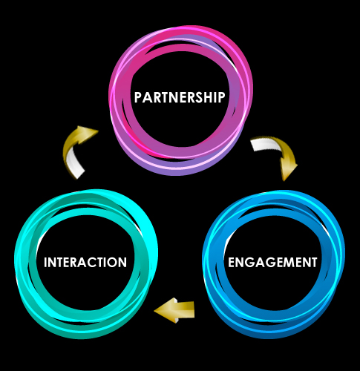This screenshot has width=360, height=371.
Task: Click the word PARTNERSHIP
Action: pos(180,97)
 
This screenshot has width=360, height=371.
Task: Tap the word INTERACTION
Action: pos(85,262)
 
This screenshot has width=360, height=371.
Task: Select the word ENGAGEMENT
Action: pos(272,262)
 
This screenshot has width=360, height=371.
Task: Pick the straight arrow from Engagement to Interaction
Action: pos(174,310)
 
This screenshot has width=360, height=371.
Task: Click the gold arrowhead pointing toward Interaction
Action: pos(165,310)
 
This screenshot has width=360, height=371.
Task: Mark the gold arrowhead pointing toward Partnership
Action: pos(87,133)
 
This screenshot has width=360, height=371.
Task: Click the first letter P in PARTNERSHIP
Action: pos(138,97)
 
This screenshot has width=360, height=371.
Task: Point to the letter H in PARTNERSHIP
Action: pos(210,97)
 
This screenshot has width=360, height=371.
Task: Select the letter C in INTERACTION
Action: pos(96,263)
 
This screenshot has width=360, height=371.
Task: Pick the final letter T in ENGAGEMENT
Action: pos(313,263)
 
